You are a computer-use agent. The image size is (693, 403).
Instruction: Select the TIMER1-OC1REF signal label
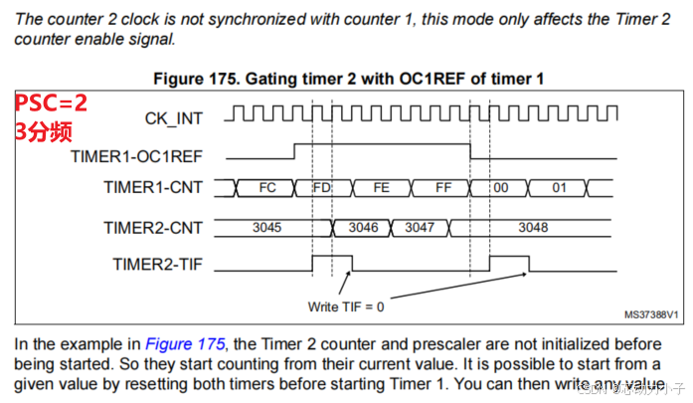pos(137,156)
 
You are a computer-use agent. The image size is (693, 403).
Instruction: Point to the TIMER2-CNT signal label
pos(153,228)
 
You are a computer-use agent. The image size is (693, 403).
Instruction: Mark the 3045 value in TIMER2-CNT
pos(266,228)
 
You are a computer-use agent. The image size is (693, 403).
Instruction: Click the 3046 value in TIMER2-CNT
pos(364,228)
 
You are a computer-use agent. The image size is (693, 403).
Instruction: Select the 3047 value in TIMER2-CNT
pos(419,228)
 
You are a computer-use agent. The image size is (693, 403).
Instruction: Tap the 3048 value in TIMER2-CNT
pos(533,228)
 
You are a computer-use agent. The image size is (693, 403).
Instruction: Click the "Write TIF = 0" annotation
pos(347,305)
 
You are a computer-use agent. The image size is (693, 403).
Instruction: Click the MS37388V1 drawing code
pos(651,313)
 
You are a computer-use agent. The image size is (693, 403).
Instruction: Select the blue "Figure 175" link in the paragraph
pos(185,343)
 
